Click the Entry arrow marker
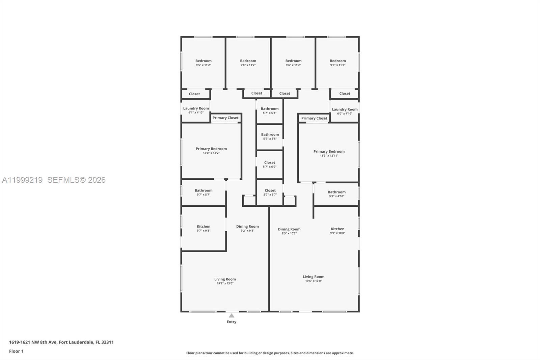pos(232,316)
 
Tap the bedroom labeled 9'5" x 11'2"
pos(204,63)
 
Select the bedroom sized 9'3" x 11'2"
pos(338,63)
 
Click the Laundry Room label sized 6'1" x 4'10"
pos(196,110)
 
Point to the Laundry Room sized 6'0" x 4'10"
pos(345,111)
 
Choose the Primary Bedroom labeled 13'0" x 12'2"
pos(211,151)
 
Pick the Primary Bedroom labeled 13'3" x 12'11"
pos(329,153)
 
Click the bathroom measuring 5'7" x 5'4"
pos(270,110)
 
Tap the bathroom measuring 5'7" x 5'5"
pos(270,136)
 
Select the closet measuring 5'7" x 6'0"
pos(270,164)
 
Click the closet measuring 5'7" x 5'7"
pos(270,192)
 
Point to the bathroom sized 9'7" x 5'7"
pos(204,192)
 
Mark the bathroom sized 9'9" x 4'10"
pos(336,194)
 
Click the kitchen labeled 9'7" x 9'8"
pos(204,228)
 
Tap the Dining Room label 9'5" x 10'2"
pos(289,231)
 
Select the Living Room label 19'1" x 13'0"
pos(225,281)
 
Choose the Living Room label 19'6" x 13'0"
pos(314,278)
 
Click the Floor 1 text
pos(16,351)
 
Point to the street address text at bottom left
pos(61,342)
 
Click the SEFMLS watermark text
pos(76,180)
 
